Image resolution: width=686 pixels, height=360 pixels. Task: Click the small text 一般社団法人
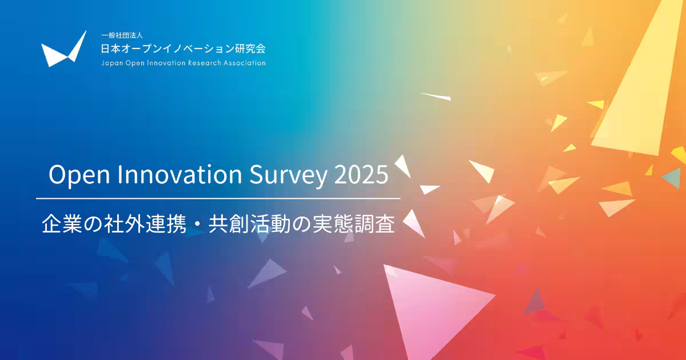click(122, 35)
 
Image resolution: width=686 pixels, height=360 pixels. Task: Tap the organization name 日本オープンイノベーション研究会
click(183, 49)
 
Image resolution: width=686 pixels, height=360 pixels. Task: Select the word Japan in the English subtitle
click(112, 63)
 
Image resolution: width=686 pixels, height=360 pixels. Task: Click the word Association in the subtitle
click(245, 63)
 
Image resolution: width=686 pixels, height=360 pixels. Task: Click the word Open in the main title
click(79, 175)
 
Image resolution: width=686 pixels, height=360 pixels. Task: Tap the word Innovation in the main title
click(180, 174)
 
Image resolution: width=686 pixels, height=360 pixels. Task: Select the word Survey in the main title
click(288, 175)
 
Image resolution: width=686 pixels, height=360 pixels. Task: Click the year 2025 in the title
click(361, 174)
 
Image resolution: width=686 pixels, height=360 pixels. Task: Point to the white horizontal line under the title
click(218, 199)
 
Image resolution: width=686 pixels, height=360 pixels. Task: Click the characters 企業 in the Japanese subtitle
click(62, 224)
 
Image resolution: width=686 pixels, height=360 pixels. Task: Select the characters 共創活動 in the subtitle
click(250, 224)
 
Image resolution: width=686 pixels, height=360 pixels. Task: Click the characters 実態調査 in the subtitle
click(354, 224)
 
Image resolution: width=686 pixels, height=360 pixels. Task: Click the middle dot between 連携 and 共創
click(198, 225)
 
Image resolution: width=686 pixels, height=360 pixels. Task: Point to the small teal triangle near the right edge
click(672, 178)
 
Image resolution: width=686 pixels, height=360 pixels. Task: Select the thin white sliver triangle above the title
click(436, 97)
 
